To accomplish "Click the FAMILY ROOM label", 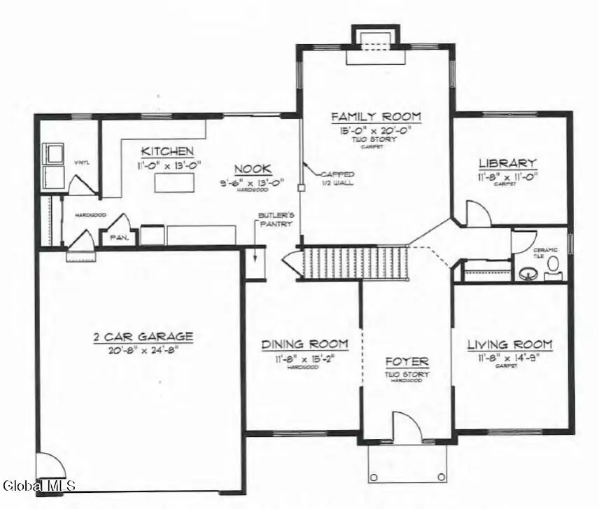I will click(376, 117).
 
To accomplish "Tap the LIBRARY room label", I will click(507, 164).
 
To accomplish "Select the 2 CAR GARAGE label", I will click(143, 337).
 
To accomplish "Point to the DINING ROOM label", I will click(304, 344).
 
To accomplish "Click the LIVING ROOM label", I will click(509, 345).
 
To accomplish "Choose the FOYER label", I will click(407, 362).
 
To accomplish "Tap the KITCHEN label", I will click(167, 151).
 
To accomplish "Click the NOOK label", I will click(253, 169).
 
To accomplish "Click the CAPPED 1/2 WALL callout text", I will click(337, 179).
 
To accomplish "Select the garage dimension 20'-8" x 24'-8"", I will click(143, 349).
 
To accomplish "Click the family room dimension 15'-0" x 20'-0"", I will click(376, 130).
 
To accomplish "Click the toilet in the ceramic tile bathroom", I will click(553, 265).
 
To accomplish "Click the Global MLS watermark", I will click(39, 484).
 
